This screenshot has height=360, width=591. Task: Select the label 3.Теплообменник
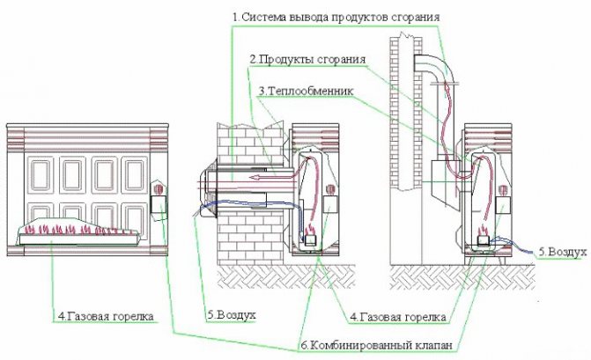304,91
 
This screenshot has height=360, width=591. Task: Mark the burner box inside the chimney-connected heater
484,236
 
